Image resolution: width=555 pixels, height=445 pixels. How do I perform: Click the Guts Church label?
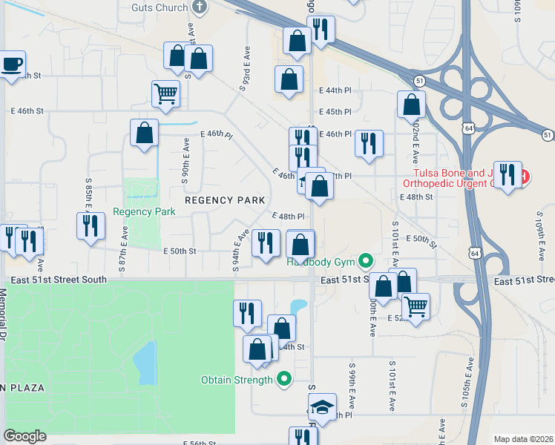159,7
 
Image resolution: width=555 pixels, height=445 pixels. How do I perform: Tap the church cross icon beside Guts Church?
199,7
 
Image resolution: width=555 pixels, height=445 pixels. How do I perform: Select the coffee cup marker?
12,65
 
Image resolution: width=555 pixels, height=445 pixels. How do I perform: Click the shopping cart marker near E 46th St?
165,94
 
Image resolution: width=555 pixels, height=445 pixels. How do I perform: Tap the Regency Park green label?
144,211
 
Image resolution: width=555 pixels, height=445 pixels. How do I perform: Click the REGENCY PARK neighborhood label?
225,200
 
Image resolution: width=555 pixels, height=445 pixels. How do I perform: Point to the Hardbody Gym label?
321,261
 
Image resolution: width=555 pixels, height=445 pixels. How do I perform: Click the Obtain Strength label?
237,380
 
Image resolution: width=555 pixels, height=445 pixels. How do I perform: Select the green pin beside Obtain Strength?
283,380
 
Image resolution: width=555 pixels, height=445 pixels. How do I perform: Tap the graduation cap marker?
322,406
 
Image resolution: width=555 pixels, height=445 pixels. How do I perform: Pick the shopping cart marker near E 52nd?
416,304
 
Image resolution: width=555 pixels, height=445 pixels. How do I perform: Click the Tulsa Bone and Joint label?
460,177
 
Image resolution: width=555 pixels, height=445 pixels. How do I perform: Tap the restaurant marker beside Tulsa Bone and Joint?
508,175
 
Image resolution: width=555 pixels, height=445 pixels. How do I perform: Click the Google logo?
24,436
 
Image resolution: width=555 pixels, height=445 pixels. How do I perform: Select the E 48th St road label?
416,197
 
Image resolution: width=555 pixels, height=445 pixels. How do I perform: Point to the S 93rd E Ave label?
244,67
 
